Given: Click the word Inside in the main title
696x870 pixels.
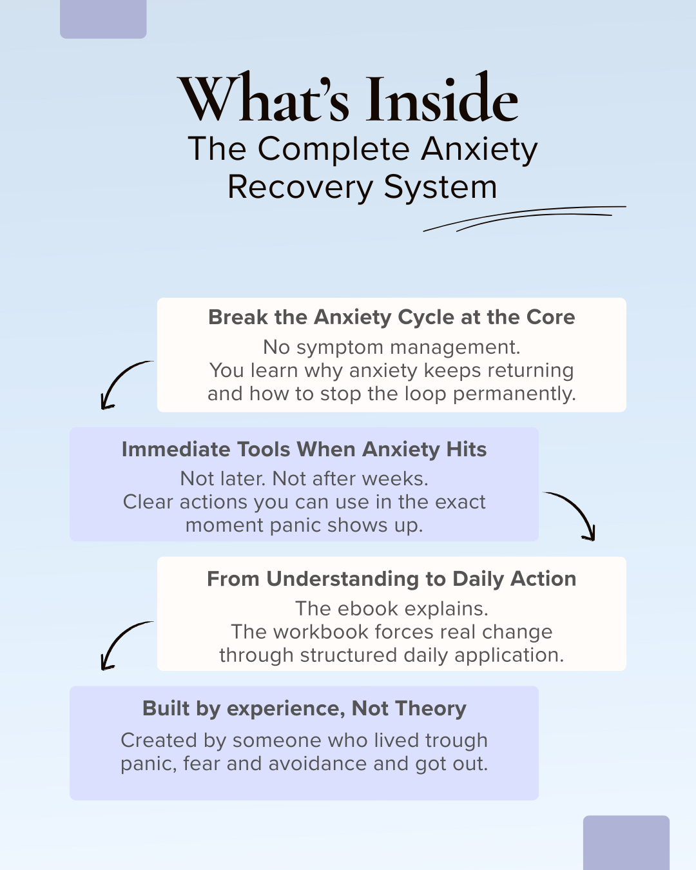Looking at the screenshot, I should coord(442,101).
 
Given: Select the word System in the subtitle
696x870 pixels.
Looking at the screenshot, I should coord(441,188).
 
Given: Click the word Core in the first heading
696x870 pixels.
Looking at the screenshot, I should coord(550,317).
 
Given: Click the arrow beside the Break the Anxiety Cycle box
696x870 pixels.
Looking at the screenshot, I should coord(124,383).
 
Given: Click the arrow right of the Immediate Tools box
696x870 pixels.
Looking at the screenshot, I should coord(573,514).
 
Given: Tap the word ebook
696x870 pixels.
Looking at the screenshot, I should coord(368,609).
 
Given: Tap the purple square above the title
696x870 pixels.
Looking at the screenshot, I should coord(103,18).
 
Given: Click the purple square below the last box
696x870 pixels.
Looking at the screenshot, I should coord(626,842).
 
